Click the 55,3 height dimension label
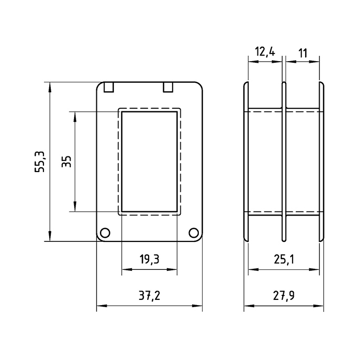click(40, 162)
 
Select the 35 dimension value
click(67, 162)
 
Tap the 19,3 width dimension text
click(149, 259)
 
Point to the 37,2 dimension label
click(149, 295)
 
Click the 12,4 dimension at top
click(265, 52)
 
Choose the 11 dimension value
click(303, 53)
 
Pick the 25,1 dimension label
click(284, 260)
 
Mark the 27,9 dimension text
click(283, 295)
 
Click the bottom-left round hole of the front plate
click(105, 233)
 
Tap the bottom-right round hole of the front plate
click(194, 233)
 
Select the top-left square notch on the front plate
click(109, 87)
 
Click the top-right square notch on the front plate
click(168, 87)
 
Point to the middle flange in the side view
click(284, 162)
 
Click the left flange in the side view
click(246, 162)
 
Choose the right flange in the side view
click(322, 162)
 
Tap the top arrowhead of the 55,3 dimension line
click(50, 87)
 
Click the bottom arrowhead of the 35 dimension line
click(75, 206)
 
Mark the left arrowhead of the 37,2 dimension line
click(102, 306)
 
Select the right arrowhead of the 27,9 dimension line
click(319, 306)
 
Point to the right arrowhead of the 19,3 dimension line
click(172, 269)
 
